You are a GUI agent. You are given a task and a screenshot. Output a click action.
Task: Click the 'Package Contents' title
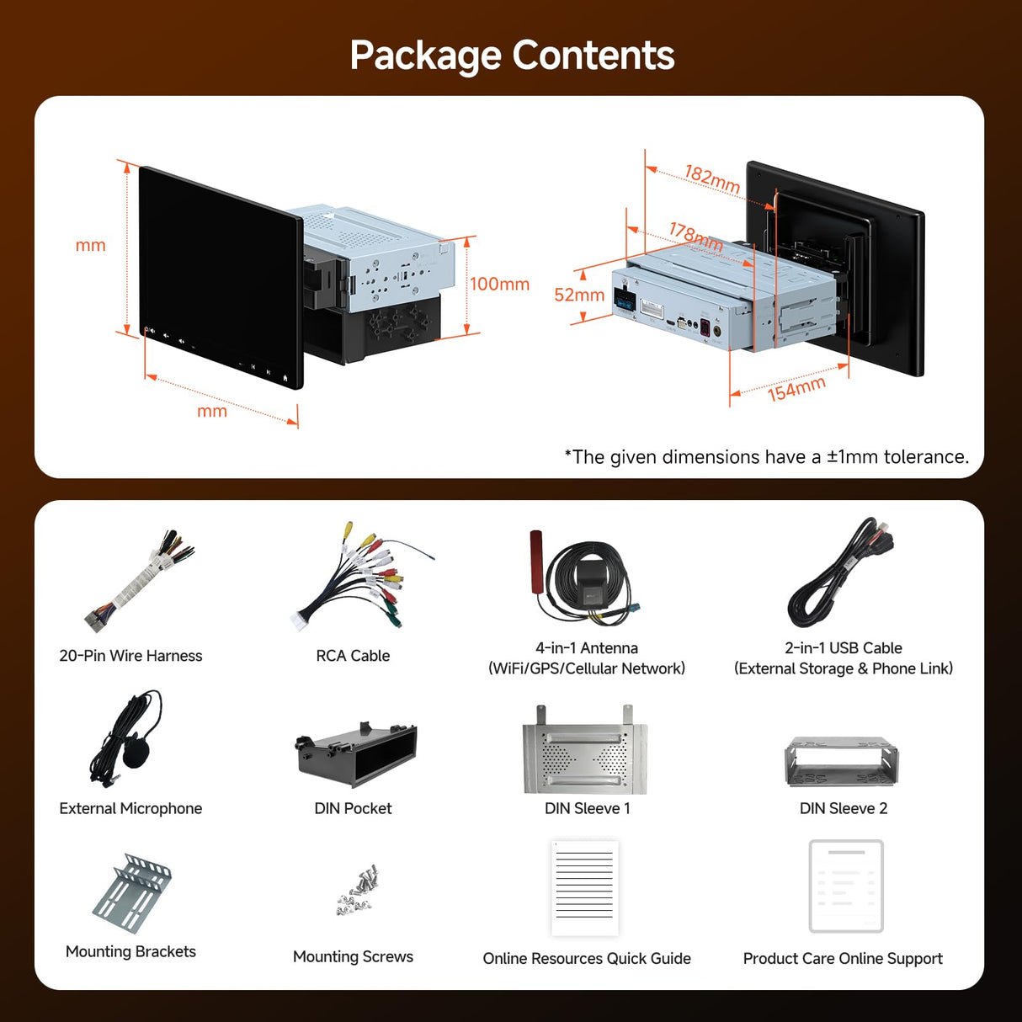(x=512, y=56)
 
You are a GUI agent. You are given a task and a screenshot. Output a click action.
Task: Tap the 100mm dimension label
(x=499, y=285)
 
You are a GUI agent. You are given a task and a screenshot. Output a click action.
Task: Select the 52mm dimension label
(x=579, y=295)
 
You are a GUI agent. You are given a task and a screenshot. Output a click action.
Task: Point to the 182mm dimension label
(x=712, y=178)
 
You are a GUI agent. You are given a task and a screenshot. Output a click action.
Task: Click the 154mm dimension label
(x=796, y=389)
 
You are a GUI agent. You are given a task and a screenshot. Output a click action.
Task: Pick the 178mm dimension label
(x=696, y=236)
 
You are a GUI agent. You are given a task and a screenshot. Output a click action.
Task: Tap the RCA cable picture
(x=358, y=577)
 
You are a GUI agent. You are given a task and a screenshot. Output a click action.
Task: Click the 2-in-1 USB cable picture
(x=840, y=572)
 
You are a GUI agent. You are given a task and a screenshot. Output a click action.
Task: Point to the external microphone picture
(x=127, y=739)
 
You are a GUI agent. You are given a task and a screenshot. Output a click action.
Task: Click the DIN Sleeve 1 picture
(x=585, y=752)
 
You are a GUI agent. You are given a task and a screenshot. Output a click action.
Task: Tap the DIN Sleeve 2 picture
(x=841, y=762)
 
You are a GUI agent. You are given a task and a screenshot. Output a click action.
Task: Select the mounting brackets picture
(x=132, y=892)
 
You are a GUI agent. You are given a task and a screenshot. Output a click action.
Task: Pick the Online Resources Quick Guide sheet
(x=585, y=888)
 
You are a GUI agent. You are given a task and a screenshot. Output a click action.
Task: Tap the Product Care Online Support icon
(x=846, y=886)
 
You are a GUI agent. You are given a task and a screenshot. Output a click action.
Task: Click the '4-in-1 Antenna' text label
(x=587, y=648)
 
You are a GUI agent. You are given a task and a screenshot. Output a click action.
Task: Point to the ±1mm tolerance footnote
(x=766, y=457)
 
